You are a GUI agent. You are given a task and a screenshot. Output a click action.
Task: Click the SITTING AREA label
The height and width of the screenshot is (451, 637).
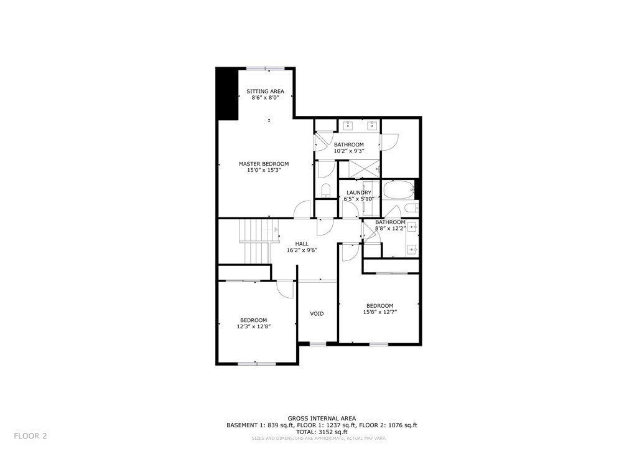point(265,92)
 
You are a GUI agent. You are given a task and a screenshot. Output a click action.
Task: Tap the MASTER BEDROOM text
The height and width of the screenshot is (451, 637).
point(264,164)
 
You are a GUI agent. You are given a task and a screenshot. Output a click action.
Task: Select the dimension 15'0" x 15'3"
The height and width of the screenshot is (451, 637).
point(264,171)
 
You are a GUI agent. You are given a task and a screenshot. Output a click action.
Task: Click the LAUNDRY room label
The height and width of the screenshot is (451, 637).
point(359,192)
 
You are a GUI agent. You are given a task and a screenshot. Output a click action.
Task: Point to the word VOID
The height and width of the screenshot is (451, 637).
point(317,314)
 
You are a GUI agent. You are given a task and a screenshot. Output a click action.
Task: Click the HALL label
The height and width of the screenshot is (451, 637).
point(302,244)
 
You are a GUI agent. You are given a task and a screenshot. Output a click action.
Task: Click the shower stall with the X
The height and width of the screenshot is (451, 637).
point(365,169)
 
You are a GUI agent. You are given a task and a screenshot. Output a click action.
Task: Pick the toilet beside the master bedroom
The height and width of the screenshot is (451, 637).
point(326,191)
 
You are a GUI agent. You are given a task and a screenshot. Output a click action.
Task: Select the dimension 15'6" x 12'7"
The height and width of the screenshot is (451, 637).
point(380,312)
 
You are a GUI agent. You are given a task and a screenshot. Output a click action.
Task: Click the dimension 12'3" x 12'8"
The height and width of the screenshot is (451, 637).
point(254,326)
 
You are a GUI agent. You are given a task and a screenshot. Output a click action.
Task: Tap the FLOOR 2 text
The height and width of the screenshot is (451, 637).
point(30,436)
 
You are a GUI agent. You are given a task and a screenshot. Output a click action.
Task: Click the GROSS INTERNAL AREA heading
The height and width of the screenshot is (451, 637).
point(322,419)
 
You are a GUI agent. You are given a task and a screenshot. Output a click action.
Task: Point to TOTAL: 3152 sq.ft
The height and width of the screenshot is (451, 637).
point(322,432)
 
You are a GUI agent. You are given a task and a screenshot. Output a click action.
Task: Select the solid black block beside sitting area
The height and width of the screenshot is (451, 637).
point(227,94)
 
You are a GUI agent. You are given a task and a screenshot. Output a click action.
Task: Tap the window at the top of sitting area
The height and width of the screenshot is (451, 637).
point(267,69)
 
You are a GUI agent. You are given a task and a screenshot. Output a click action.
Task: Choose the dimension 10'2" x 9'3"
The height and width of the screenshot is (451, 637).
point(349,151)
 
